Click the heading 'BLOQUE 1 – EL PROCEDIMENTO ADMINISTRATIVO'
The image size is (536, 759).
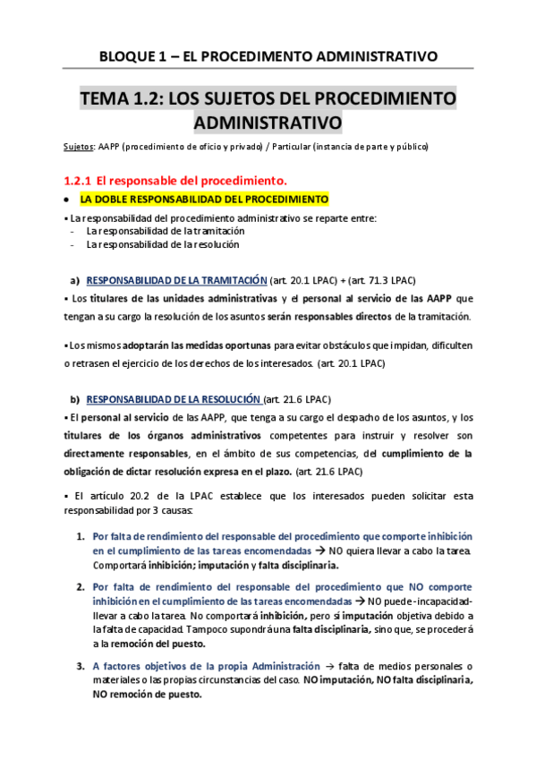point(268,55)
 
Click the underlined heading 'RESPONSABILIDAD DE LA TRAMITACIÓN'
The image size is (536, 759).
point(176,280)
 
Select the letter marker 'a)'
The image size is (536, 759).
point(75,280)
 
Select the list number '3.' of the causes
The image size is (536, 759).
point(81,666)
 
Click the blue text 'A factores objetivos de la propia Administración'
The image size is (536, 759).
point(206,666)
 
